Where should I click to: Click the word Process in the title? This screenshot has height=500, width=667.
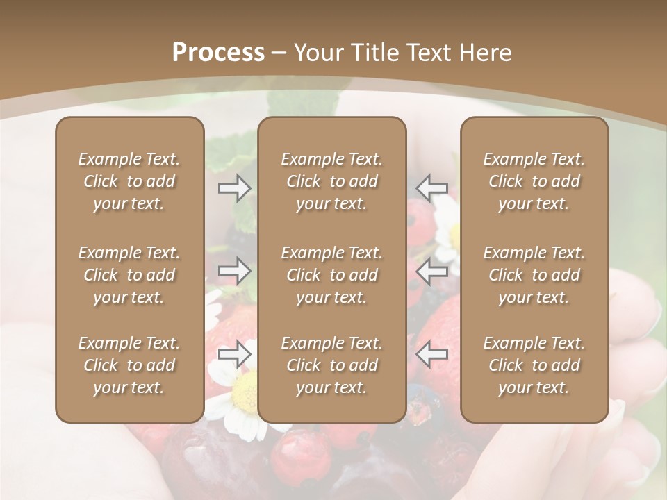tap(218, 53)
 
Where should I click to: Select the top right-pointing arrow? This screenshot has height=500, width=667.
tap(235, 188)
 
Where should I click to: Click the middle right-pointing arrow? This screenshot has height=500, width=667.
tap(235, 271)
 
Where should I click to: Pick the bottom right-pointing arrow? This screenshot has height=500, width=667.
tap(235, 354)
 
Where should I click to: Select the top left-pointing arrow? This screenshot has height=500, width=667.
tap(432, 188)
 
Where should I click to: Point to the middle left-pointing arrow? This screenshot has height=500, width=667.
tap(432, 271)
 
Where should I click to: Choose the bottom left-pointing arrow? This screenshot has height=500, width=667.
tap(432, 354)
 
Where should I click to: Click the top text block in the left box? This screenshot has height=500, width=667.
tap(129, 181)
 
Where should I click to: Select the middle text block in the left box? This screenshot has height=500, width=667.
tap(129, 275)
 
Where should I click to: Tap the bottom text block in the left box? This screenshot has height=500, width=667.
tap(129, 365)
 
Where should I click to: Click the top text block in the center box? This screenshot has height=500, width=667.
tap(332, 181)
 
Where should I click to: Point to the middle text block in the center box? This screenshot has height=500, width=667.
tap(332, 275)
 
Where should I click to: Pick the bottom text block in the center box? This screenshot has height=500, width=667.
tap(332, 365)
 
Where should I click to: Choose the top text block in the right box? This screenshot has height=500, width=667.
tap(534, 181)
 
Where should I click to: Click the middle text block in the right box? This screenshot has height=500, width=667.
tap(534, 275)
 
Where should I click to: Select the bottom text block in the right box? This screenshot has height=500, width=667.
tap(534, 365)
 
